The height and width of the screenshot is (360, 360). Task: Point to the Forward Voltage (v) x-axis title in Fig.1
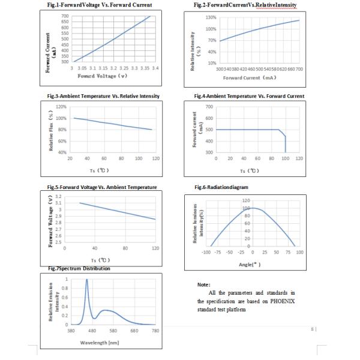[x=106, y=76]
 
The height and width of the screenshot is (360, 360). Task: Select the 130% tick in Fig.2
[x=210, y=18]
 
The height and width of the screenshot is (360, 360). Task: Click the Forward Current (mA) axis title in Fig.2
[x=250, y=78]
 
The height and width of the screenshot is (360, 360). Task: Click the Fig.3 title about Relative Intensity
[x=103, y=96]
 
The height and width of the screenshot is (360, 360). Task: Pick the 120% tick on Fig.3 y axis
[x=60, y=107]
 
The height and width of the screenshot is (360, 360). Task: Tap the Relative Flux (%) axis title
[x=52, y=130]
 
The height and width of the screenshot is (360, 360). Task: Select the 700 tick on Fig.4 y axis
[x=209, y=107]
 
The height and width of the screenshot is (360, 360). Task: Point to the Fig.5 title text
[x=102, y=187]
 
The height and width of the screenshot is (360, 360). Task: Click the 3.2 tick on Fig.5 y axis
[x=58, y=197]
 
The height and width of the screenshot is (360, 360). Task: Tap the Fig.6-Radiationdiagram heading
[x=221, y=187]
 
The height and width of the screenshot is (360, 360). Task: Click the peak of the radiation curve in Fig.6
[x=253, y=208]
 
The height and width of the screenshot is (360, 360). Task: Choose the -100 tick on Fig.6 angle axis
[x=206, y=253]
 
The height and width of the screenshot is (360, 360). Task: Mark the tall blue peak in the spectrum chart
[x=87, y=281]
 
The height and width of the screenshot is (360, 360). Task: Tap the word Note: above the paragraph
[x=203, y=284]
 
